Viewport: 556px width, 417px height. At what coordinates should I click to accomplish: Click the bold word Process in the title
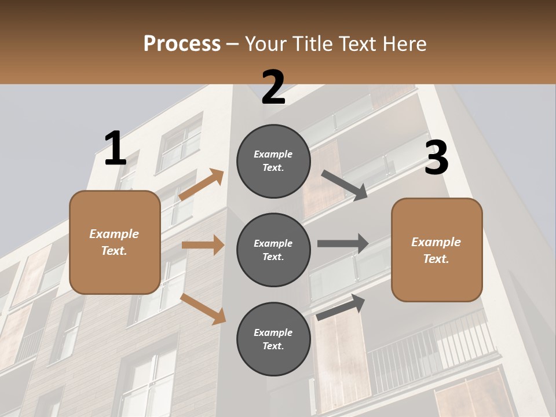182,44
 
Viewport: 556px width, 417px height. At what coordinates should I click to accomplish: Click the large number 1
115,149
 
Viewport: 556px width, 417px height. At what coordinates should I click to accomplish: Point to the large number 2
273,88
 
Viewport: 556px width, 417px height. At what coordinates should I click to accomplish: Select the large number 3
436,158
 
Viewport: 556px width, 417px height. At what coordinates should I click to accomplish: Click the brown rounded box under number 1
115,242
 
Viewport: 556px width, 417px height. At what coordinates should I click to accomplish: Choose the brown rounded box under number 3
437,250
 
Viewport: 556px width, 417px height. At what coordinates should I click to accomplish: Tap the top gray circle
273,161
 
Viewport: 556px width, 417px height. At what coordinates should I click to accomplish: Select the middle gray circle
273,250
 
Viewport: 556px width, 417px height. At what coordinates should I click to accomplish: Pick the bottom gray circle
273,339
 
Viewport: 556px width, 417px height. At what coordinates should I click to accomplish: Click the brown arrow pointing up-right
202,185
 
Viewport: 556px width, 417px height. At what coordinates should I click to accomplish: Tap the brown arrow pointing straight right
203,245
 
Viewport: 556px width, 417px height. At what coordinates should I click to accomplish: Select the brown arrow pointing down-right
203,309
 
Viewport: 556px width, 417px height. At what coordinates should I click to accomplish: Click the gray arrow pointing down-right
344,185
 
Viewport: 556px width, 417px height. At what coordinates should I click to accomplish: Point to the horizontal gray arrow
343,243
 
